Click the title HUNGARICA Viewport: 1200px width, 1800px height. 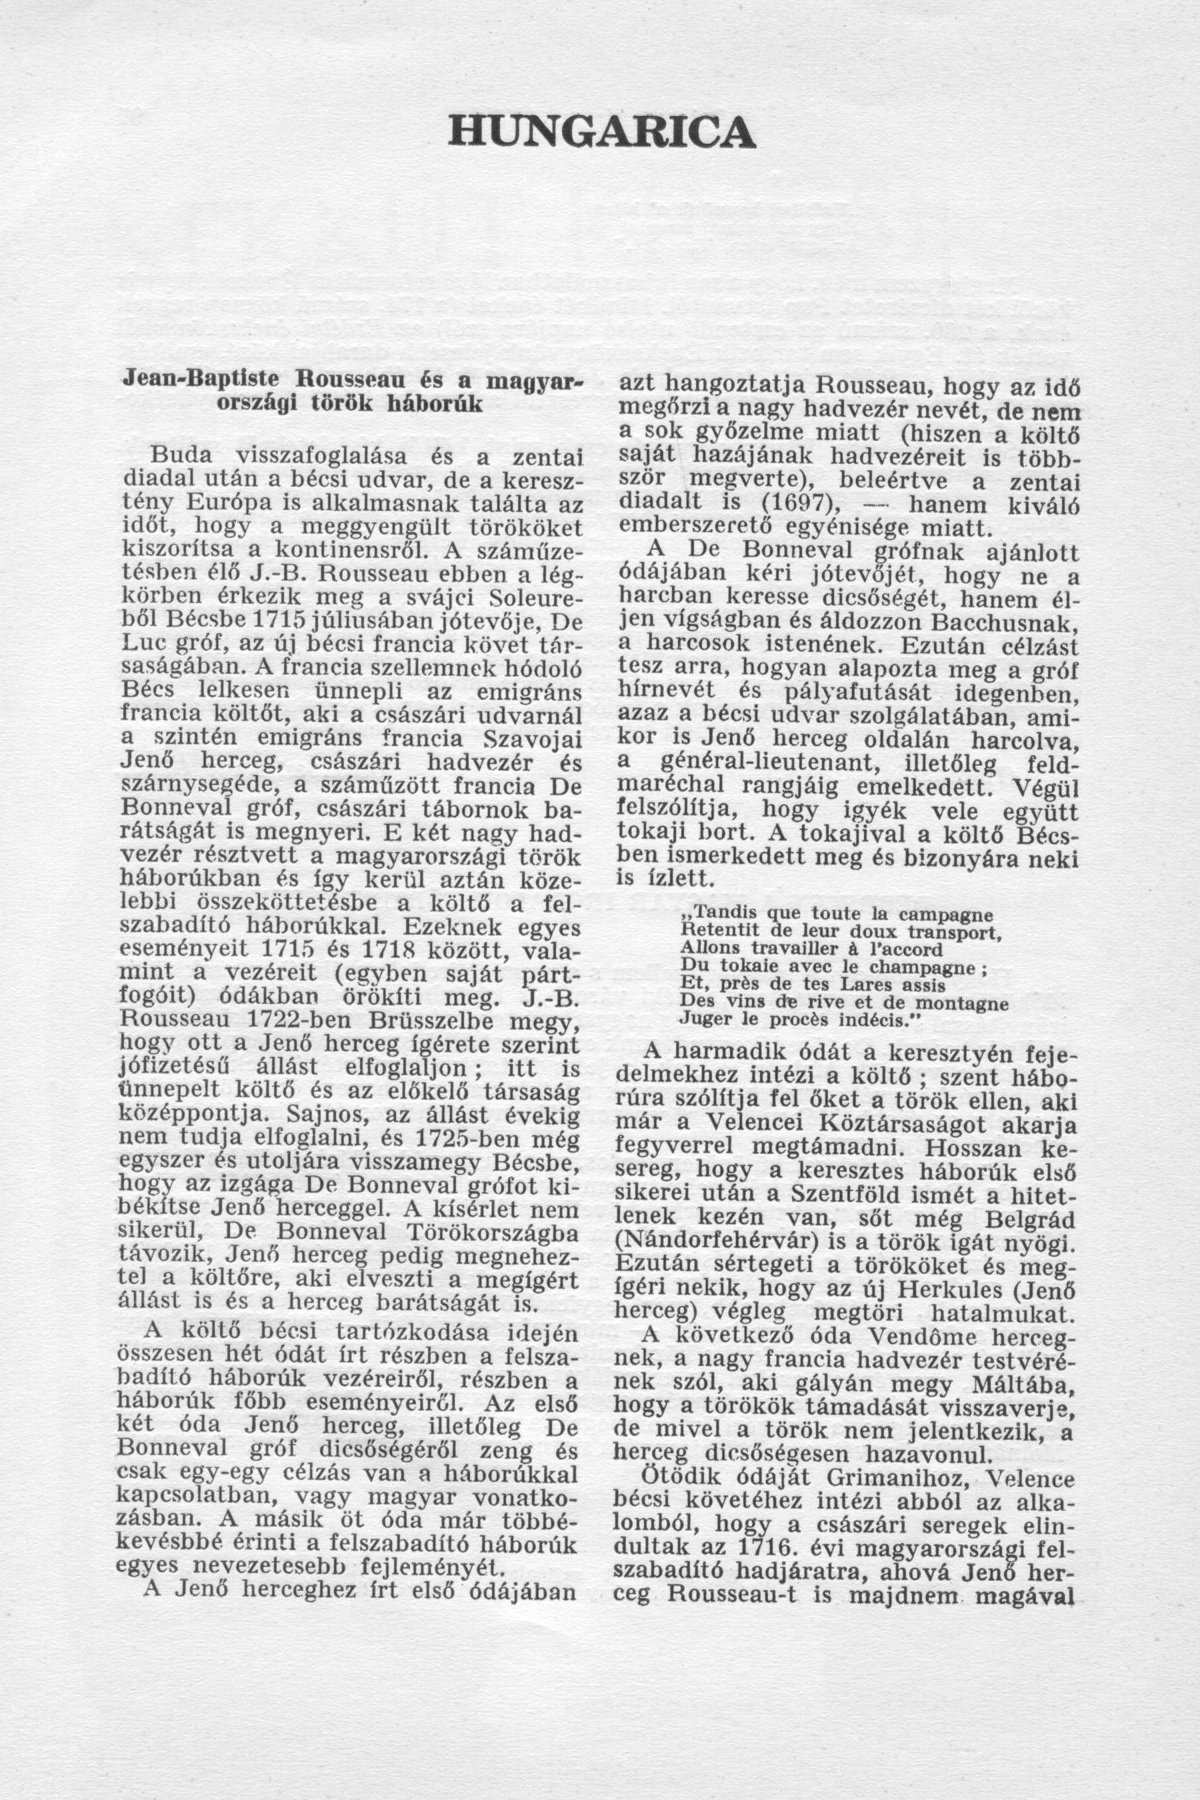[x=602, y=131]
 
